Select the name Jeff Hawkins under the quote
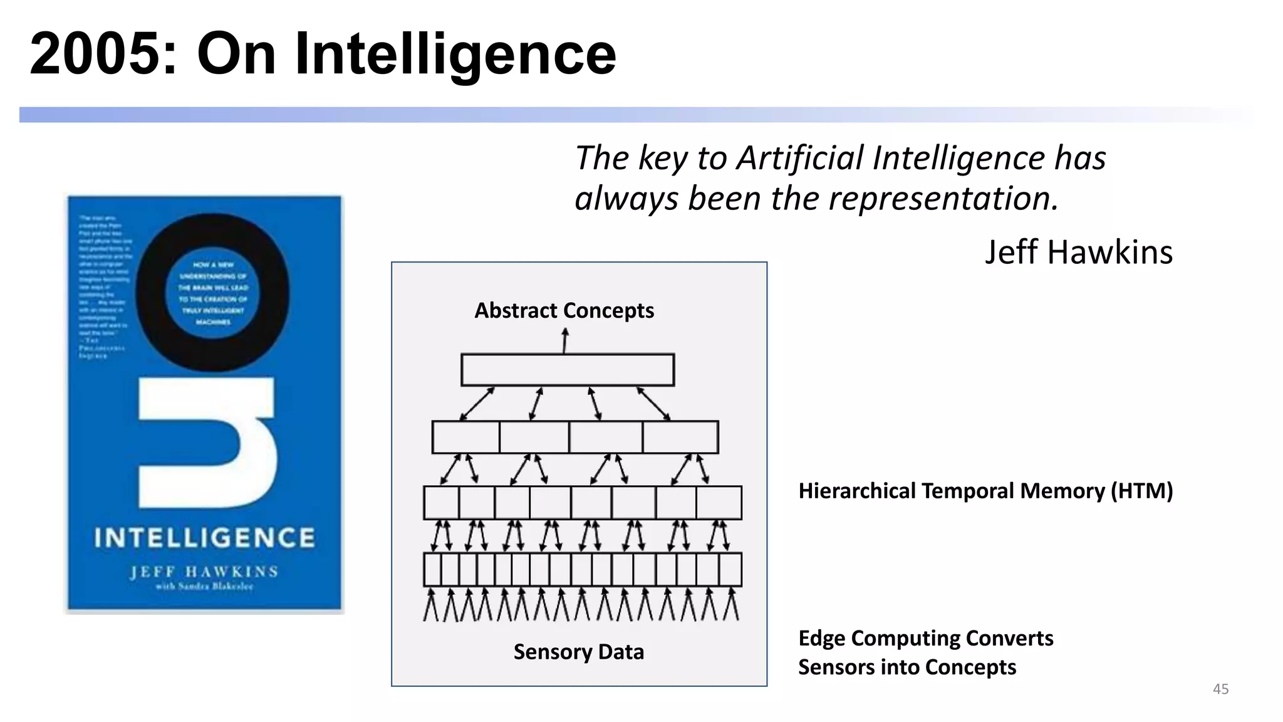[x=1078, y=253]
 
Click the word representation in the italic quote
[x=942, y=199]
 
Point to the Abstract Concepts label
[x=564, y=310]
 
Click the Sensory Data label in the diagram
[x=578, y=652]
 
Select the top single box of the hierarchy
[x=568, y=370]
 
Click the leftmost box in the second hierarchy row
[x=465, y=437]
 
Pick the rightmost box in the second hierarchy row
[x=680, y=437]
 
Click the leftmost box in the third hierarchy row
[x=441, y=503]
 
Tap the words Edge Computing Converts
[x=925, y=638]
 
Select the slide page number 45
[x=1220, y=689]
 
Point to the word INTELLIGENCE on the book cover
[x=204, y=538]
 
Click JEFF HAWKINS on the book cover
[x=204, y=572]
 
